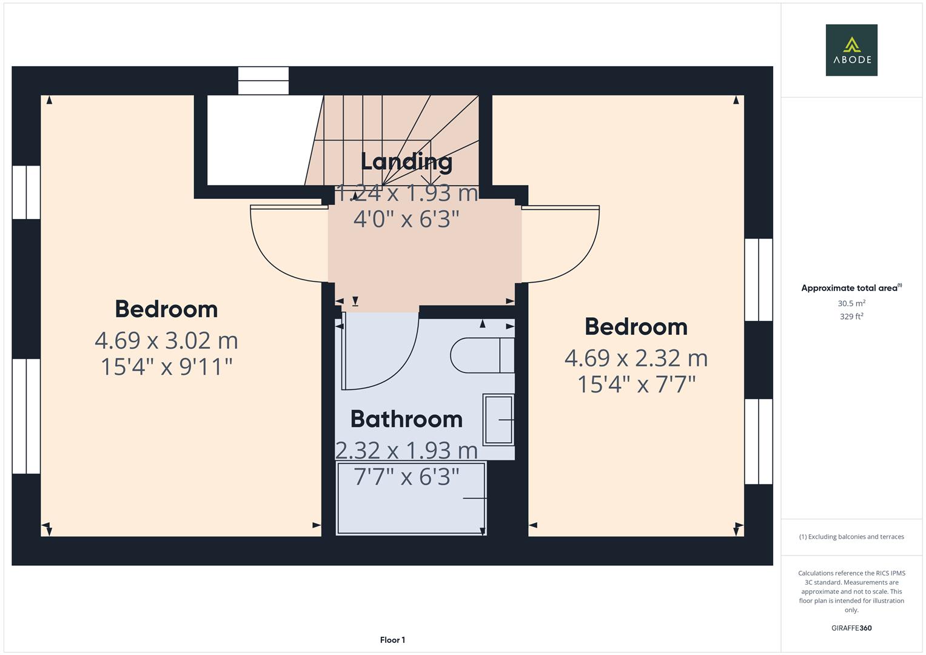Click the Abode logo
(x=851, y=50)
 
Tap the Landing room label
(x=406, y=161)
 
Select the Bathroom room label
(x=406, y=419)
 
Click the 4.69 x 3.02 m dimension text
(x=166, y=340)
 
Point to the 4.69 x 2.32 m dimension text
(x=636, y=358)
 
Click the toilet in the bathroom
(x=482, y=355)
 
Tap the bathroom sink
(x=498, y=419)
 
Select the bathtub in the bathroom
(x=411, y=498)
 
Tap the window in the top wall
(x=263, y=81)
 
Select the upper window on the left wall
(x=26, y=192)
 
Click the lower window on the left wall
(x=26, y=416)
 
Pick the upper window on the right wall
(x=758, y=280)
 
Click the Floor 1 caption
(x=392, y=640)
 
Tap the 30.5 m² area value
(x=851, y=303)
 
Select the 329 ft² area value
(x=851, y=316)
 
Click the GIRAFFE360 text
(x=851, y=628)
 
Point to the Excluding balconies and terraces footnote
(x=851, y=537)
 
